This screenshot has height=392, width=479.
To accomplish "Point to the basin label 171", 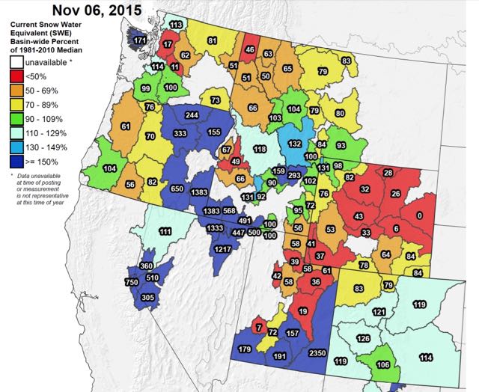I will (x=140, y=39).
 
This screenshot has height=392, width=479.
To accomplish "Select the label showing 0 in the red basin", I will (x=419, y=215).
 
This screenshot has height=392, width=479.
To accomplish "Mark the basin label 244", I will (x=192, y=115).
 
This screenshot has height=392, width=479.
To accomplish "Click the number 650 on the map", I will (x=177, y=189).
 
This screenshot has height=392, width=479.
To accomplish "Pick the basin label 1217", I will (x=222, y=249).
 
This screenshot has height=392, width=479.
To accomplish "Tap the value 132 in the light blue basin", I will (x=295, y=144).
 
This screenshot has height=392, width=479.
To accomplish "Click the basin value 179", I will (x=245, y=349).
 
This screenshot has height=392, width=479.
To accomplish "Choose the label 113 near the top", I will (x=176, y=25).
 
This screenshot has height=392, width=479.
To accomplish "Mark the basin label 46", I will (x=250, y=50).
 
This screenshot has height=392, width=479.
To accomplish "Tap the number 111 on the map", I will (x=165, y=233).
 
